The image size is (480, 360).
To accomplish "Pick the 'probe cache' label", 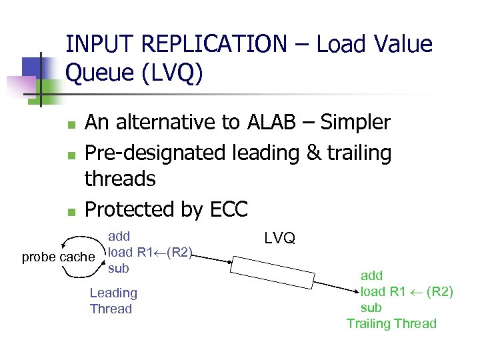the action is pyautogui.click(x=59, y=257).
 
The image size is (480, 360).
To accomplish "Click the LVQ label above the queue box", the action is pyautogui.click(x=280, y=238).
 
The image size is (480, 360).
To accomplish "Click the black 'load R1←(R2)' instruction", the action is pyautogui.click(x=151, y=252).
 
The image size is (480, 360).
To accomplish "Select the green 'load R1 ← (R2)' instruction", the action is pyautogui.click(x=407, y=291).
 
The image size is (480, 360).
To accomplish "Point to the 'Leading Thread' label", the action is pyautogui.click(x=113, y=301).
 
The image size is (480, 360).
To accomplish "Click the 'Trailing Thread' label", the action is pyautogui.click(x=391, y=324).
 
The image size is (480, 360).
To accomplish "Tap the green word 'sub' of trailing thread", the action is pyautogui.click(x=371, y=307).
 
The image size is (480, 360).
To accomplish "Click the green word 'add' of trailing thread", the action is pyautogui.click(x=372, y=275).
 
